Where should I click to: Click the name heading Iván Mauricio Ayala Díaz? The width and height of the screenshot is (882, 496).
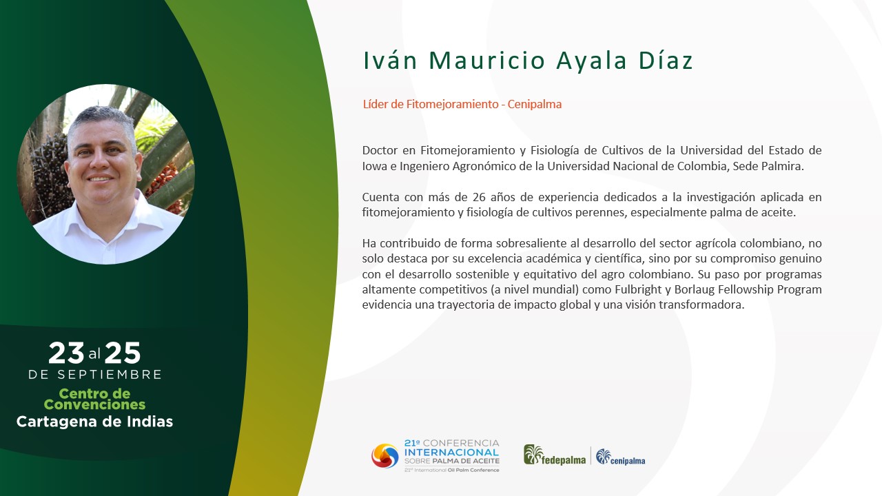(x=528, y=61)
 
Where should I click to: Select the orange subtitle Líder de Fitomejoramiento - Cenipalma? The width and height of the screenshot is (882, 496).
(x=462, y=104)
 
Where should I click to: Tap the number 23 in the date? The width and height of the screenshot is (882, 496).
(x=66, y=353)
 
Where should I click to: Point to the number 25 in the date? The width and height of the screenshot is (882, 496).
(x=123, y=353)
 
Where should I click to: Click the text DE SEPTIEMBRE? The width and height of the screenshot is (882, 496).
(x=95, y=374)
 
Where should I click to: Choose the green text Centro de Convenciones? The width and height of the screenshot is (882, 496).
(x=94, y=399)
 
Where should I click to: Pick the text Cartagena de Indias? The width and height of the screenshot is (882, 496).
(x=94, y=422)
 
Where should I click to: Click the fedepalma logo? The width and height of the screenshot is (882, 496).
(x=555, y=455)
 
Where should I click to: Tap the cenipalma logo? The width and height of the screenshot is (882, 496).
(x=621, y=457)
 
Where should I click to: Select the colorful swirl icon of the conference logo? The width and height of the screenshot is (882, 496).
(x=384, y=456)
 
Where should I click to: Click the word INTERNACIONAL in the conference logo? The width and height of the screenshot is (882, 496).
(x=451, y=453)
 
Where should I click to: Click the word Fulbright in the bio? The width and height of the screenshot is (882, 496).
(x=638, y=290)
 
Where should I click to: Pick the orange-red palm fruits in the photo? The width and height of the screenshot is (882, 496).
(x=165, y=185)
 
